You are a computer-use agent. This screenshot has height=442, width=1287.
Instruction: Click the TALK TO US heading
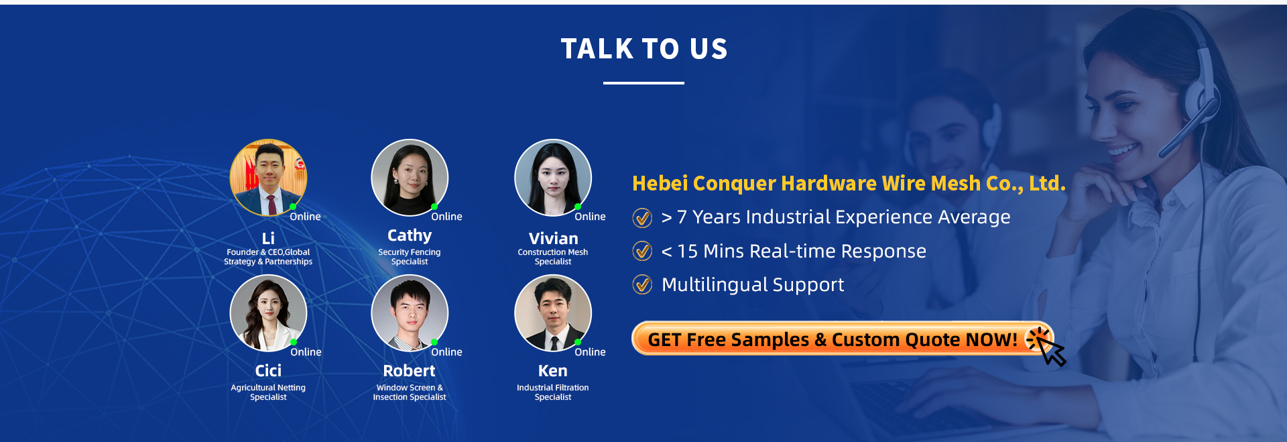pos(644,49)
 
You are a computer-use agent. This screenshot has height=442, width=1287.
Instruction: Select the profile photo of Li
pos(268,178)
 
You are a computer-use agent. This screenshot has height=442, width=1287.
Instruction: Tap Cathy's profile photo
pos(410,178)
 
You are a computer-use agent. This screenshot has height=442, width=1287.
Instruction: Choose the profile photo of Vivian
pos(553,178)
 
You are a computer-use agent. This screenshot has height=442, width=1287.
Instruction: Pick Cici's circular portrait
pos(268,313)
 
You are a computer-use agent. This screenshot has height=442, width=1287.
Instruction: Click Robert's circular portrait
pos(410,313)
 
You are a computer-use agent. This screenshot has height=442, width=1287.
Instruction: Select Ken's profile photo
pos(553,313)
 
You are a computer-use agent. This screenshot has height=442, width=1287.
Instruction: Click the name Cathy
pos(410,235)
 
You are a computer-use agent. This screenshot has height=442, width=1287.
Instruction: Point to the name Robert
pos(409,371)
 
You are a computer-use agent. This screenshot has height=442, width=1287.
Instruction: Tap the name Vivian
pos(553,238)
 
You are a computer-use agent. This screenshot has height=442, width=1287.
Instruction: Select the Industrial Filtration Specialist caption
pos(553,392)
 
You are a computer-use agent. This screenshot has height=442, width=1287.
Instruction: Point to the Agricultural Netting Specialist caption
pos(268,392)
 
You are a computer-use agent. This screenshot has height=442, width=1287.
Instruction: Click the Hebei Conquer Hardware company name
pos(849,183)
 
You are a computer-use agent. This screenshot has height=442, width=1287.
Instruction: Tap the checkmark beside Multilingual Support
pos(642,284)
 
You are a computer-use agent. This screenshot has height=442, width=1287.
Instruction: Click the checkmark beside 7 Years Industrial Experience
pos(642,217)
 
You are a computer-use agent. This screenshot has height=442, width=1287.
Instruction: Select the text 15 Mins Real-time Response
pos(802,251)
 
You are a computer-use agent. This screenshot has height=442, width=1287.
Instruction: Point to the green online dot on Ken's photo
pos(578,342)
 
